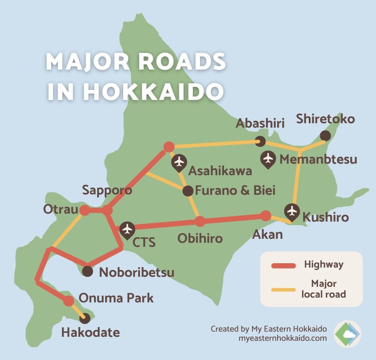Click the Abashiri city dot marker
(260, 141)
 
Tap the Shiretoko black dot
(326, 136)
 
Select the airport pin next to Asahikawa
(180, 162)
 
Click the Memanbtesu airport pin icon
(268, 158)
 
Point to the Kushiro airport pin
(292, 211)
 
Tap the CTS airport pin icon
(128, 230)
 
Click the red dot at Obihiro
(200, 221)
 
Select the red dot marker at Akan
(266, 216)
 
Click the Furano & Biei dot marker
(188, 191)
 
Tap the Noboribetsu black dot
(88, 272)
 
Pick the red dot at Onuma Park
(69, 301)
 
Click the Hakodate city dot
(84, 318)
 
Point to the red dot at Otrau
(84, 210)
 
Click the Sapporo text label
(107, 190)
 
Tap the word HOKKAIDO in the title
(153, 92)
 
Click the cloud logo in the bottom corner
(347, 334)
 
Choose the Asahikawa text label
(220, 171)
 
